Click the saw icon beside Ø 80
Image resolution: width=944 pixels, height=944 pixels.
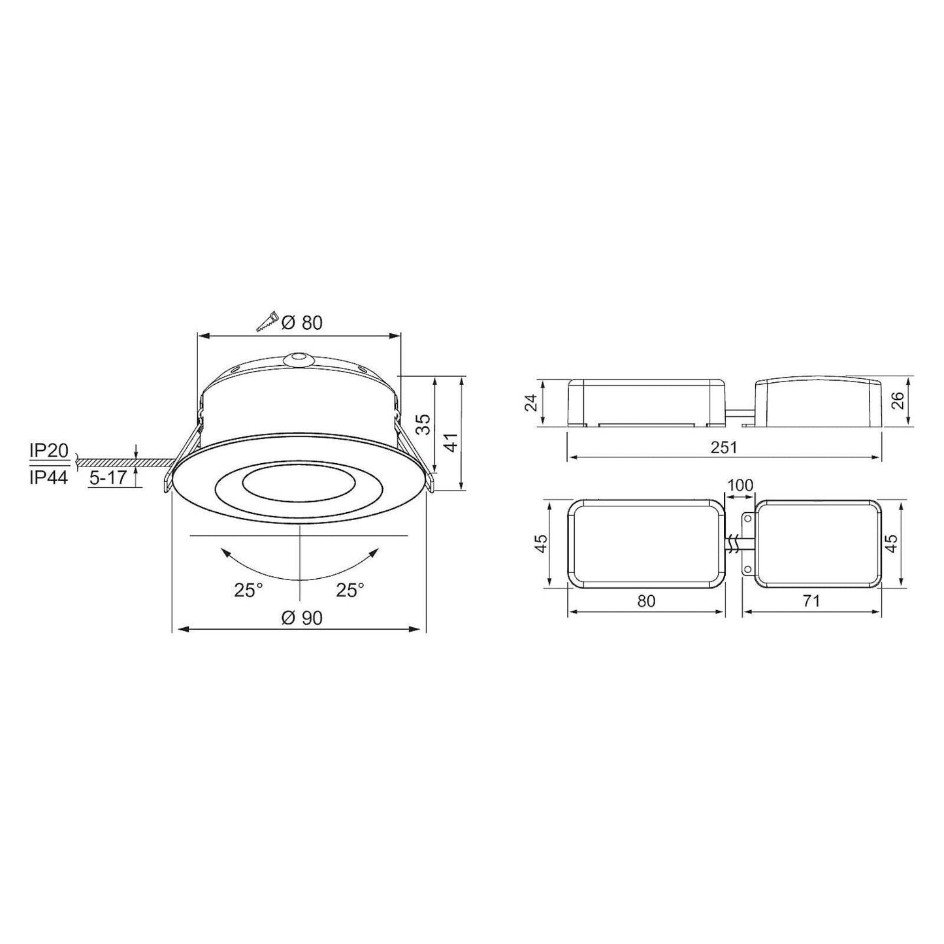[x=267, y=321]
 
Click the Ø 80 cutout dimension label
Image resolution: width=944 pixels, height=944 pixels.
[x=302, y=322]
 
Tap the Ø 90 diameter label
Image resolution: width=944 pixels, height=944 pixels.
[x=302, y=618]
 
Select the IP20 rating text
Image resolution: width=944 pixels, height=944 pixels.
[x=49, y=451]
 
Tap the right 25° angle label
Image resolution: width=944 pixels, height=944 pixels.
[x=350, y=591]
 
